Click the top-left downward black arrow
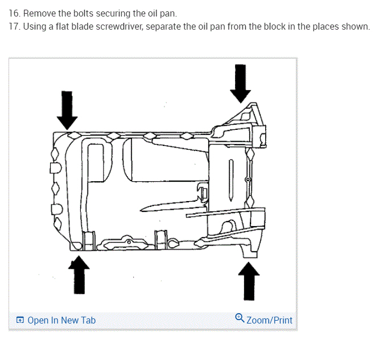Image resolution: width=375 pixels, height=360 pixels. click(67, 109)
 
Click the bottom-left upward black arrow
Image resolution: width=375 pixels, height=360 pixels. click(79, 274)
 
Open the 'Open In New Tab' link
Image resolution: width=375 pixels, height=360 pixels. click(61, 320)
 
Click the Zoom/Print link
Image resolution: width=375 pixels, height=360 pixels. click(269, 320)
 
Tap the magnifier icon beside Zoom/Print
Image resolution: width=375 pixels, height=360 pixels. click(240, 318)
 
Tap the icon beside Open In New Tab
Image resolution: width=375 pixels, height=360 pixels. click(20, 320)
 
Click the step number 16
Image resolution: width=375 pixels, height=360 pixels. click(14, 13)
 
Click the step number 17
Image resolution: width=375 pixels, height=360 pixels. click(14, 27)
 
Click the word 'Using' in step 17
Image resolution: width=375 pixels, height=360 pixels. click(35, 27)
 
